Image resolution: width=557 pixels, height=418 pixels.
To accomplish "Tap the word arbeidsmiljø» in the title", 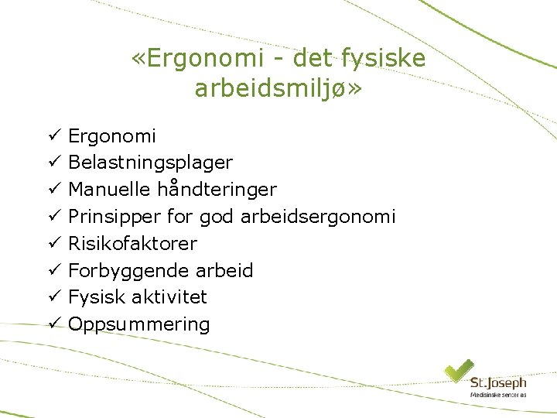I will click(278, 88).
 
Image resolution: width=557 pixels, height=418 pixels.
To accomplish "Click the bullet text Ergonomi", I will click(112, 136).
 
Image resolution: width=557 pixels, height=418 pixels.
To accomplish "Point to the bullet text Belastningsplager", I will click(150, 163).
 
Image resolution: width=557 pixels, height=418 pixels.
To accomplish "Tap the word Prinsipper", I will click(111, 217).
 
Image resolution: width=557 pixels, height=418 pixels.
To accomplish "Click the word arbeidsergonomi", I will click(318, 217).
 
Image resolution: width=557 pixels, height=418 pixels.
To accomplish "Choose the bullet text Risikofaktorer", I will click(132, 244).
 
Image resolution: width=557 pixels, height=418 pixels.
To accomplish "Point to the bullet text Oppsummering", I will click(138, 324).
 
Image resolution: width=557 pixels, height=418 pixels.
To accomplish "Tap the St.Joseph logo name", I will click(497, 383).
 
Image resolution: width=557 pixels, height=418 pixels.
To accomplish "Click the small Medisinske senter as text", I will click(497, 395).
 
